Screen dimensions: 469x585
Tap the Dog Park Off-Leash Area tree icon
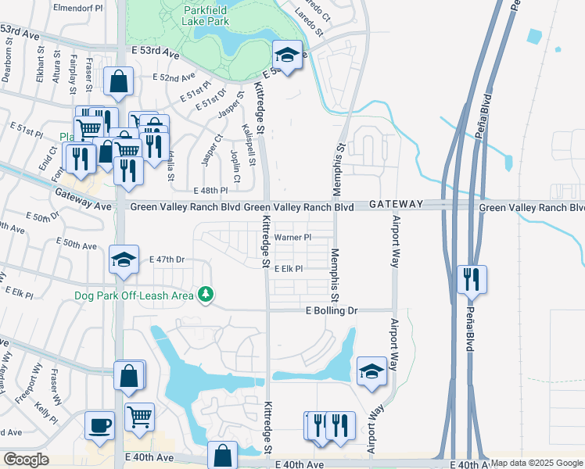click(206, 294)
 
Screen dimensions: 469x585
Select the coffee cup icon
click(100, 426)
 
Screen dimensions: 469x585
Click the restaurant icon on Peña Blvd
click(472, 279)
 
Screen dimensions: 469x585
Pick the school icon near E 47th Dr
click(123, 260)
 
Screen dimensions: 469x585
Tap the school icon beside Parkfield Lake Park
click(287, 55)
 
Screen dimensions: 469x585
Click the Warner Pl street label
click(292, 237)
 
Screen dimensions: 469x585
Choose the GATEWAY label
click(396, 204)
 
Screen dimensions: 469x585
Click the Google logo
click(26, 460)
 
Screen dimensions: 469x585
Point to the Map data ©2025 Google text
click(537, 463)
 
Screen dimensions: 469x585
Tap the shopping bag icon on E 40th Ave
click(223, 456)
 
